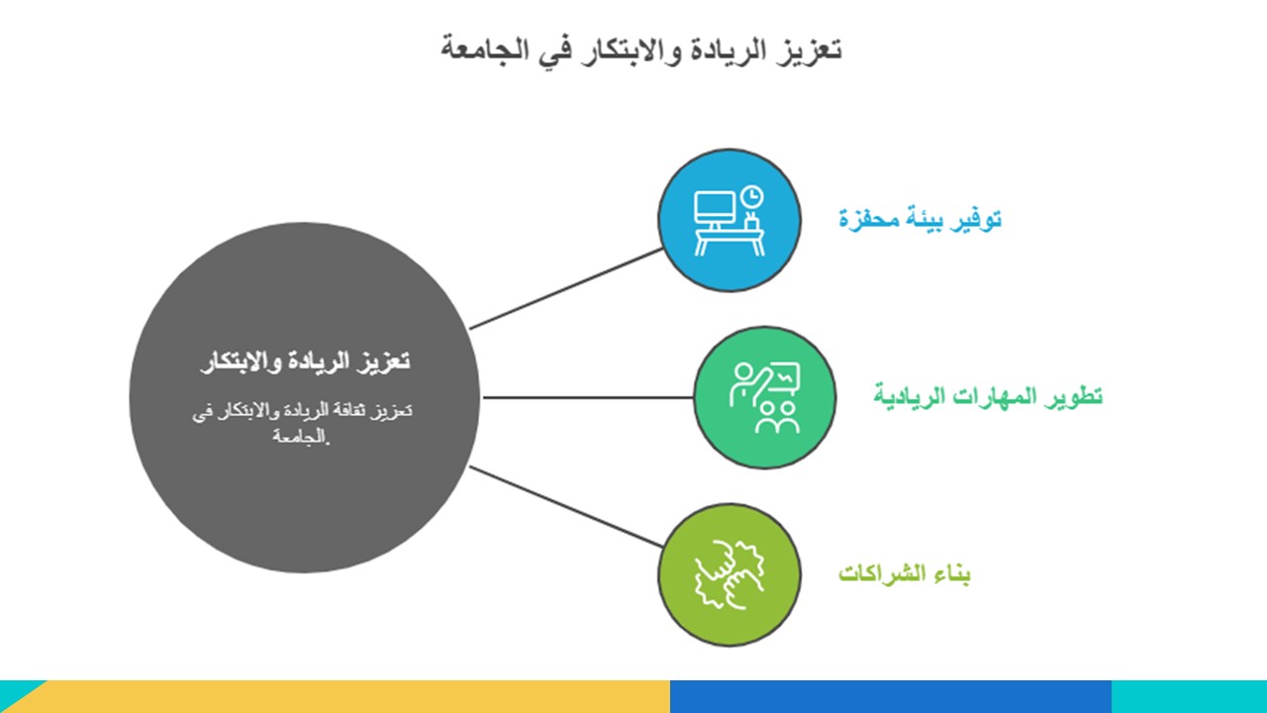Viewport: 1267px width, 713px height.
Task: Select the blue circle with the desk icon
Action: click(x=730, y=220)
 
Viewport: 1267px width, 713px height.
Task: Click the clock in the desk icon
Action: click(x=751, y=197)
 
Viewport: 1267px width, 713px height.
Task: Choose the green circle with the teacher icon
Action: click(x=765, y=397)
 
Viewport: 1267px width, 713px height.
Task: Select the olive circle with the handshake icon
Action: click(x=730, y=574)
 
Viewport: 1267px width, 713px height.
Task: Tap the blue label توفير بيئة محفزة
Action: click(x=920, y=220)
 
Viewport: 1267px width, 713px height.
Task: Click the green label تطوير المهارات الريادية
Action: click(x=988, y=396)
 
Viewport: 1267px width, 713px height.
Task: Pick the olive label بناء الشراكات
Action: click(x=904, y=573)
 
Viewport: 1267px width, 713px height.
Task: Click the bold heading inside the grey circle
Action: click(x=306, y=361)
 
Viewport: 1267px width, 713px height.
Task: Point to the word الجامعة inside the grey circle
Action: click(x=300, y=437)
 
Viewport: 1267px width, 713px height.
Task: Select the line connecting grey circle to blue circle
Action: click(x=565, y=288)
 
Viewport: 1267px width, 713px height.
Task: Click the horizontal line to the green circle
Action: click(x=588, y=397)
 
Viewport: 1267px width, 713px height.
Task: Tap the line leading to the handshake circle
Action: click(x=565, y=506)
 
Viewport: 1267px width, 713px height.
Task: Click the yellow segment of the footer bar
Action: click(x=350, y=696)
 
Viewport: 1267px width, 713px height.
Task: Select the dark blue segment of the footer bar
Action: click(x=891, y=696)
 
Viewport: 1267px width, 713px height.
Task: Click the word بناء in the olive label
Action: click(x=949, y=573)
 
